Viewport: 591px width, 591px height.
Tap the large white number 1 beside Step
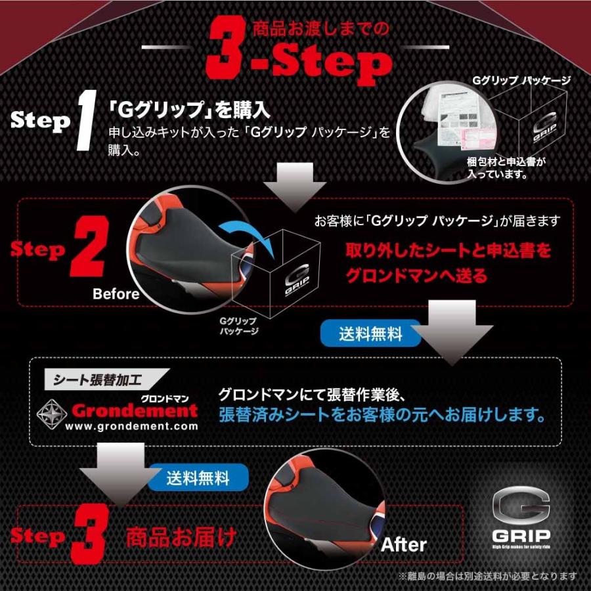click(x=85, y=119)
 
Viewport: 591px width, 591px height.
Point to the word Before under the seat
click(x=116, y=294)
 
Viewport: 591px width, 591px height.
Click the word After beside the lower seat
click(x=404, y=544)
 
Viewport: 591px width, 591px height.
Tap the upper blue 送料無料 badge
click(x=370, y=334)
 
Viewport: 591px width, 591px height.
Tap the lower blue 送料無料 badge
click(x=198, y=476)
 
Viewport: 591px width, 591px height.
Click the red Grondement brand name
click(x=134, y=410)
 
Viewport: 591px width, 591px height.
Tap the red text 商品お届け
click(x=181, y=537)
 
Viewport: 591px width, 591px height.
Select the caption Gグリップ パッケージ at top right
click(x=521, y=80)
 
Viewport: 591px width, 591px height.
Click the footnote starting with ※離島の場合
click(x=487, y=576)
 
